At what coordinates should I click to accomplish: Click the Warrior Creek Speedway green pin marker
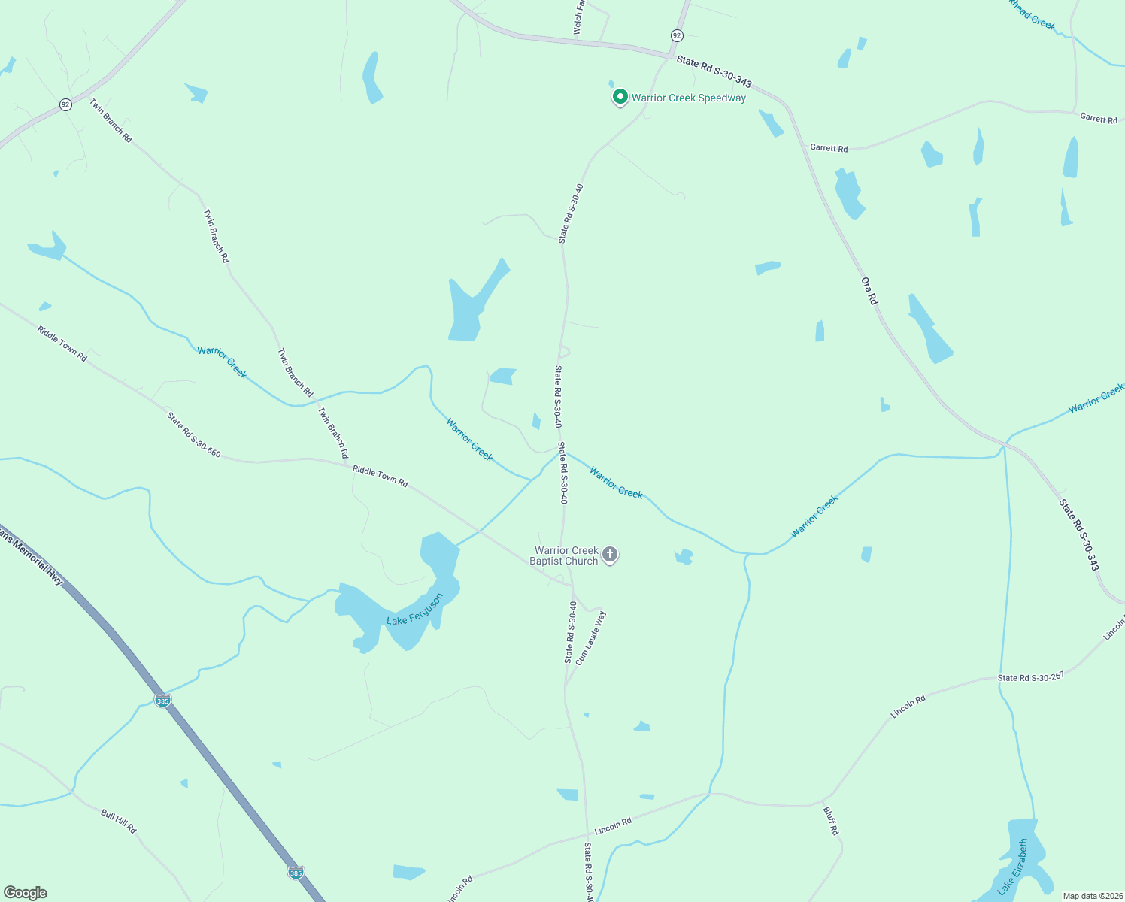pos(620,97)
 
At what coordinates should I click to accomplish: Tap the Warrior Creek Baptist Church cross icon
pos(610,555)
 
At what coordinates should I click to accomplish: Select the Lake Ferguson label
pos(414,610)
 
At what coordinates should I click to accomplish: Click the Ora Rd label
pos(869,291)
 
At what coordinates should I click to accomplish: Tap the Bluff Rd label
pos(830,821)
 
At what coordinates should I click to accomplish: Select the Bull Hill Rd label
pos(119,820)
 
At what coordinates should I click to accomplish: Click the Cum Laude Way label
pos(590,637)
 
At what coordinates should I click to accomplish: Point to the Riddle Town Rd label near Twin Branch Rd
pos(380,476)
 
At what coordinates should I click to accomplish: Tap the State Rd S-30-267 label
pos(1030,677)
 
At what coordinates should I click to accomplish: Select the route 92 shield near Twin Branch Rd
pos(66,104)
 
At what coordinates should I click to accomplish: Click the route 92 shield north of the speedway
pos(677,35)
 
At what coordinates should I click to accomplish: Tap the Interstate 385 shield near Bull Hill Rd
pos(162,701)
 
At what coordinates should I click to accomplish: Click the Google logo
pos(25,892)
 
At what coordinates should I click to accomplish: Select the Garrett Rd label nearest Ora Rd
pos(829,148)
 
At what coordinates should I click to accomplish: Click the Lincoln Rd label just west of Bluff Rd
pos(613,826)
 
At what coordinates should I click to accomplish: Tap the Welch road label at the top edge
pos(578,17)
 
